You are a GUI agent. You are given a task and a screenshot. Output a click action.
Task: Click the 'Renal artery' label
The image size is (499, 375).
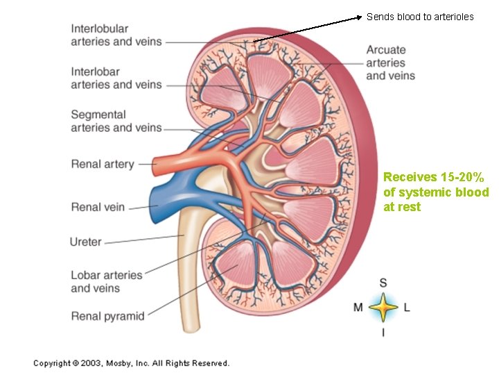(x=102, y=165)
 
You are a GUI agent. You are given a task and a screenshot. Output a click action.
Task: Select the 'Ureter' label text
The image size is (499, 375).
(x=86, y=242)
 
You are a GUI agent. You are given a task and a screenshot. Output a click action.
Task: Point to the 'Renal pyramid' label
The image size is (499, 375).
(x=107, y=316)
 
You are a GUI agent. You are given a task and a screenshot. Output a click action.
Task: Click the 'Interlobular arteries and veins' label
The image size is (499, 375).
(x=116, y=35)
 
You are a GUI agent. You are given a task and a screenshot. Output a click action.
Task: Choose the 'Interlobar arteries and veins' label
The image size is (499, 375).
(x=116, y=78)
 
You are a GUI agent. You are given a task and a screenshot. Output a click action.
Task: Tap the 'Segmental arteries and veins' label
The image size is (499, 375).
(x=116, y=121)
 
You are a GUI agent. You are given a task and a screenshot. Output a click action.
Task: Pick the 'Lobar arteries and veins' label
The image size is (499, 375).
(x=106, y=281)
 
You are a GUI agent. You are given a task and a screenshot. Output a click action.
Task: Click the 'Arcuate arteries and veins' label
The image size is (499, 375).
(x=390, y=62)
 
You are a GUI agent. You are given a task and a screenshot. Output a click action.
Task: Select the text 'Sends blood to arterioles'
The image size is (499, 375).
(x=420, y=16)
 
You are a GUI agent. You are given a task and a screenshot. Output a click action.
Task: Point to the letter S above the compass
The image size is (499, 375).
(x=383, y=283)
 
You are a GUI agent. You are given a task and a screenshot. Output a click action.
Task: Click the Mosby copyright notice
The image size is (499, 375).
(x=131, y=363)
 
